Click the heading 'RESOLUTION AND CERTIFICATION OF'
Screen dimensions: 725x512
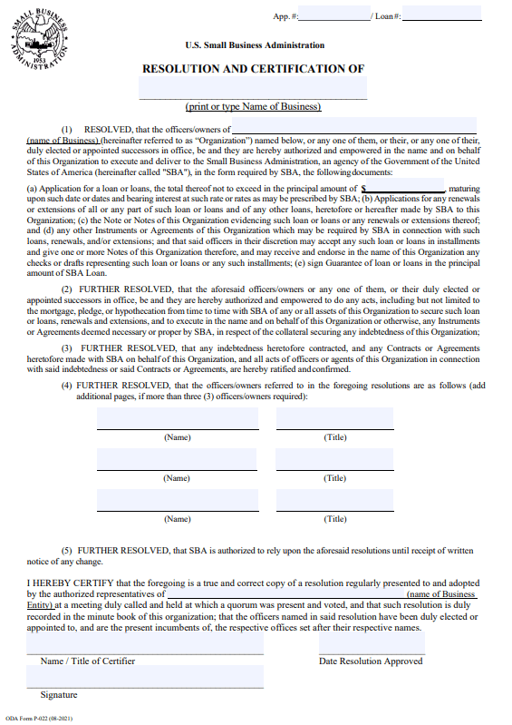[x=253, y=69]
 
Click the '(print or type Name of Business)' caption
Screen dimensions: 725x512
[x=253, y=107]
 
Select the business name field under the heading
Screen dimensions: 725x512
[x=253, y=88]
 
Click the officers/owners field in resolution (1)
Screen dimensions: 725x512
[x=354, y=126]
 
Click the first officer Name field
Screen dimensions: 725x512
[x=177, y=418]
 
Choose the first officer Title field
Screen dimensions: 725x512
[x=334, y=418]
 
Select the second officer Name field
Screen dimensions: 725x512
[x=177, y=459]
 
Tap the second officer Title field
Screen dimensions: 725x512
[x=334, y=459]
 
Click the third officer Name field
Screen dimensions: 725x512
[x=177, y=500]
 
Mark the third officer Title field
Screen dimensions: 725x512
[x=334, y=500]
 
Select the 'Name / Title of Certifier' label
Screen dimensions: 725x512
[x=87, y=661]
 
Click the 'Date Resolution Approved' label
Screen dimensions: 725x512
[x=371, y=661]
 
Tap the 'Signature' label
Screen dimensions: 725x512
[x=59, y=695]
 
